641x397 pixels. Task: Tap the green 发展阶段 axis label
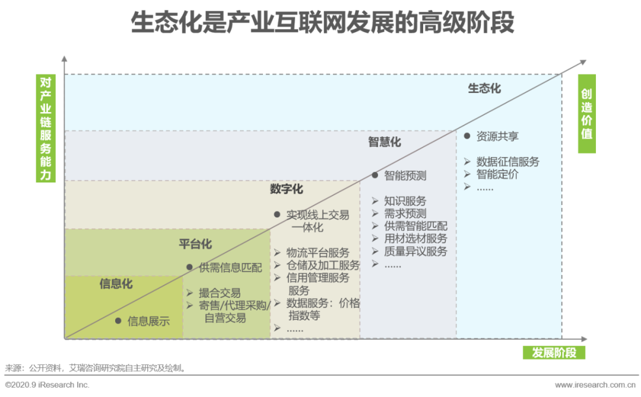coord(554,353)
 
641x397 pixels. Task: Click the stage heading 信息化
coord(116,284)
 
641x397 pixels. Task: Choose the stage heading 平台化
coord(195,244)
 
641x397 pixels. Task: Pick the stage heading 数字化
coord(286,189)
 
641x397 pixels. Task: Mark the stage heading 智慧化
coord(384,142)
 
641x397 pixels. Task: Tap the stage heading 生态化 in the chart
coord(484,89)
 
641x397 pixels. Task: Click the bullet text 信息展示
coord(148,321)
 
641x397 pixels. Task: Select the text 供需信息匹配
coord(230,268)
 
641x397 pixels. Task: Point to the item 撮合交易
coord(220,293)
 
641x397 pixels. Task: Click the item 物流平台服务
coord(318,253)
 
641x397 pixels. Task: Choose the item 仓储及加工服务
coord(323,265)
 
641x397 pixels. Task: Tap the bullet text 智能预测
coord(405,175)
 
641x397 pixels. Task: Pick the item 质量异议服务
coord(415,251)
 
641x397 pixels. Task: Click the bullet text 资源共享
coord(497,136)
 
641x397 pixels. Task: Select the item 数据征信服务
coord(508,162)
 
